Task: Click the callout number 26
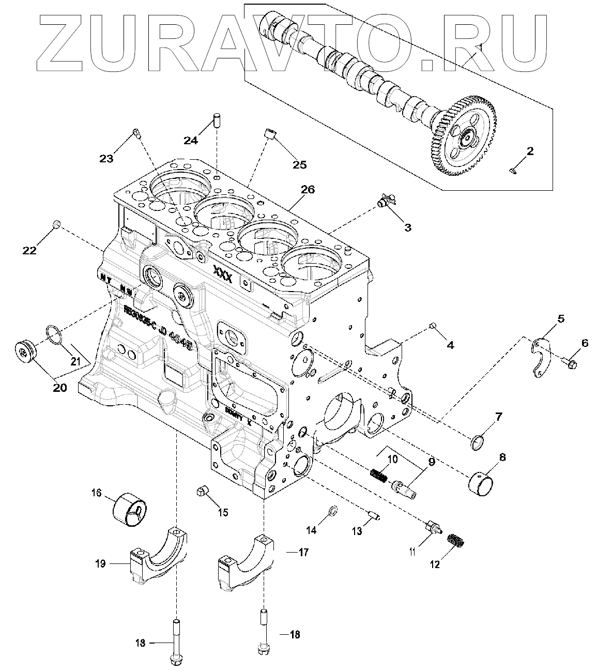pyautogui.click(x=308, y=189)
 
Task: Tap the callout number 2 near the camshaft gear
pyautogui.click(x=530, y=151)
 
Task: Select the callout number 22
pyautogui.click(x=29, y=250)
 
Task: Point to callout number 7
pyautogui.click(x=498, y=416)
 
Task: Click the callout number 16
pyautogui.click(x=97, y=493)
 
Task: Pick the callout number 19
pyautogui.click(x=100, y=563)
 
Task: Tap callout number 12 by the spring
pyautogui.click(x=434, y=564)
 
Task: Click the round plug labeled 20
pyautogui.click(x=24, y=353)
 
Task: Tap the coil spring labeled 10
pyautogui.click(x=378, y=474)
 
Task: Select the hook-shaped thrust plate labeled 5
pyautogui.click(x=539, y=353)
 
